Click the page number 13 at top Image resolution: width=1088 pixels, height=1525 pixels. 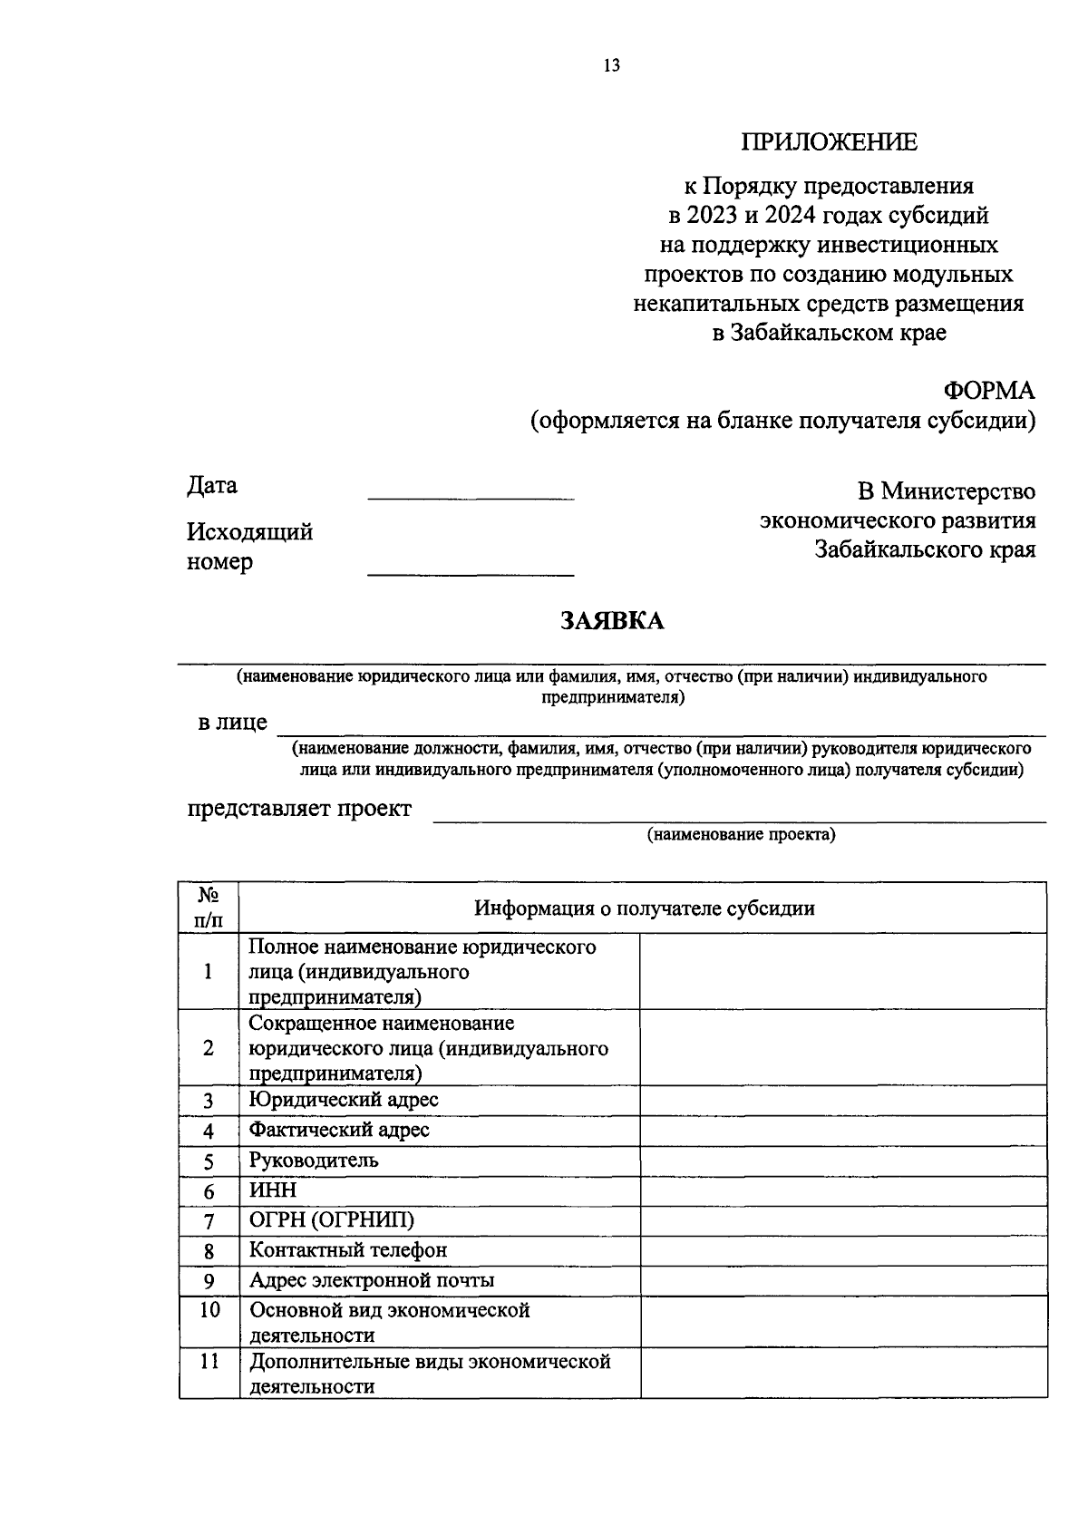(x=610, y=65)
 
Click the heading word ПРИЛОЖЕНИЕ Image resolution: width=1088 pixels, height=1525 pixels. (x=829, y=142)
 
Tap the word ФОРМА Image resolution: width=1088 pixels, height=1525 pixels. (x=988, y=391)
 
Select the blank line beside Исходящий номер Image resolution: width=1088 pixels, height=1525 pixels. (x=471, y=573)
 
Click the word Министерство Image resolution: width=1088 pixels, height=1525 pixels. (x=957, y=491)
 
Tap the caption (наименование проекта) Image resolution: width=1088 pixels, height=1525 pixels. (x=740, y=835)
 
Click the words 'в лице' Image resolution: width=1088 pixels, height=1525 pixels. (x=233, y=723)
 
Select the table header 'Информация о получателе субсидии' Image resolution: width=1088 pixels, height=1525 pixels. (x=644, y=908)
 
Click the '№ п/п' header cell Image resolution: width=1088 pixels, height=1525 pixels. (x=209, y=908)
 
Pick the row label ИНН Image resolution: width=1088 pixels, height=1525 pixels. (x=273, y=1190)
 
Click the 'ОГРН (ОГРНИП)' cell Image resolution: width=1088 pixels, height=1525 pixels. (x=332, y=1220)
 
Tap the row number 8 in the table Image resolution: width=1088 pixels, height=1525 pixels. (x=209, y=1252)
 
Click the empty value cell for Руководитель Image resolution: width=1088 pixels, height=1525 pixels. (x=843, y=1161)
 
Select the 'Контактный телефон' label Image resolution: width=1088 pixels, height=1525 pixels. (x=348, y=1250)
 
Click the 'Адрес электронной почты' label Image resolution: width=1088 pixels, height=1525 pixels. (x=372, y=1281)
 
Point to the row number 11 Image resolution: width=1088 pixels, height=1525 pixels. (x=209, y=1362)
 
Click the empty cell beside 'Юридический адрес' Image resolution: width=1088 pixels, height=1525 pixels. (x=843, y=1101)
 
